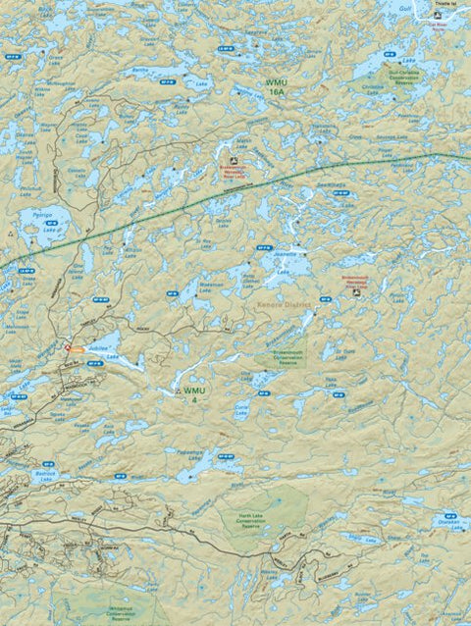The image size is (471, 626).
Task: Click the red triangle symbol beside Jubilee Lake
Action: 67,348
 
